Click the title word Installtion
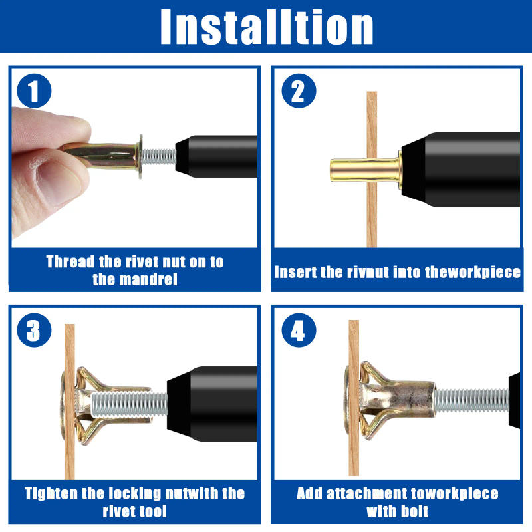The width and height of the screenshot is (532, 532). [x=267, y=27]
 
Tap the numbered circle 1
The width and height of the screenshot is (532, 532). [x=34, y=91]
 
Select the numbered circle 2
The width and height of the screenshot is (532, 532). [x=299, y=91]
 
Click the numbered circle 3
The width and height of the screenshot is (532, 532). [x=34, y=330]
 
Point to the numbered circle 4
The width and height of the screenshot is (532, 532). [x=299, y=330]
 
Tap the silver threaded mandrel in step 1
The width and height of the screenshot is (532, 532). [x=159, y=157]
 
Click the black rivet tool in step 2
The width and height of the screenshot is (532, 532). [x=461, y=170]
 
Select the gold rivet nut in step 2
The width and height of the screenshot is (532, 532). [x=364, y=170]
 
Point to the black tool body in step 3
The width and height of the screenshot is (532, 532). [x=212, y=404]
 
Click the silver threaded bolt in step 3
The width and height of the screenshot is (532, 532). [x=130, y=404]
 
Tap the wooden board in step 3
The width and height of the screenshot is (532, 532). [x=70, y=402]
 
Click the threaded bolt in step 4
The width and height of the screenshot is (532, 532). [x=472, y=401]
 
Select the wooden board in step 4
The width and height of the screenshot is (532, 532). [x=354, y=398]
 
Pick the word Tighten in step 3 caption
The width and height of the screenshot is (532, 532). [x=51, y=493]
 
